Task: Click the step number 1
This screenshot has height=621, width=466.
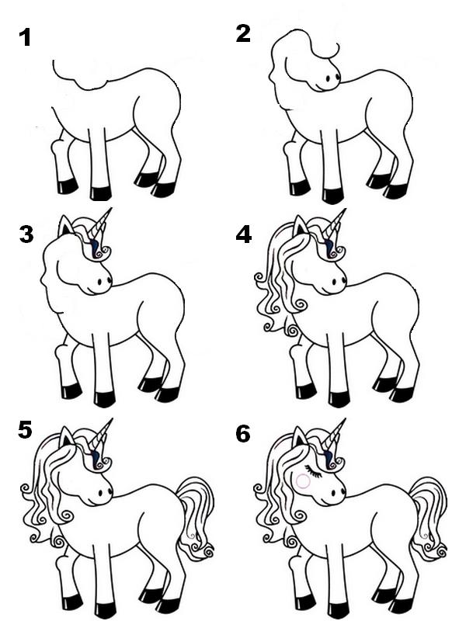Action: click(x=25, y=36)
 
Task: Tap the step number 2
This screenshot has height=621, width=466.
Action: click(x=243, y=33)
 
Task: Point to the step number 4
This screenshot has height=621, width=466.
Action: click(x=244, y=234)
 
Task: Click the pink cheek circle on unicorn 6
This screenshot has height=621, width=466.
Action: click(x=303, y=480)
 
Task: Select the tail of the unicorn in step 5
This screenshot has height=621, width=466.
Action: click(x=194, y=516)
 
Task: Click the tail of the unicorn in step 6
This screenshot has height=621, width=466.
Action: click(x=429, y=516)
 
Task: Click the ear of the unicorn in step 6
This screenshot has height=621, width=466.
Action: click(x=300, y=439)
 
